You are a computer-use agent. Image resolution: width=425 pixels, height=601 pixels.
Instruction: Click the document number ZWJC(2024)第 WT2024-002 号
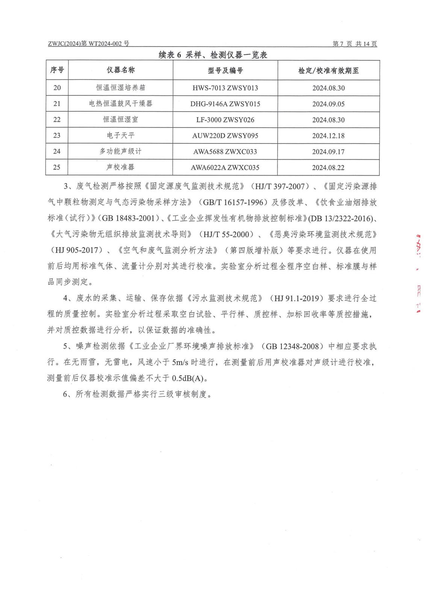(x=89, y=44)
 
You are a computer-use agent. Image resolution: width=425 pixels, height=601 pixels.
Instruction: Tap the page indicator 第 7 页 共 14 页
(x=355, y=44)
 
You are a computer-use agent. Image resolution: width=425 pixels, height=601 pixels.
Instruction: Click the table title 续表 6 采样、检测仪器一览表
(x=213, y=55)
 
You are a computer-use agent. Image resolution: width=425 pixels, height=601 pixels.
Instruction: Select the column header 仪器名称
(x=121, y=70)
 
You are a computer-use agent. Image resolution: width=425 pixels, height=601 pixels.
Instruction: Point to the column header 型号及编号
(x=225, y=70)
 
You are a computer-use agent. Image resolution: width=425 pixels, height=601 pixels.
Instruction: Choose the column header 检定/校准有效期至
(x=328, y=70)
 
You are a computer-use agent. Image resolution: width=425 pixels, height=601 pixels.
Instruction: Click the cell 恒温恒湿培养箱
(x=121, y=88)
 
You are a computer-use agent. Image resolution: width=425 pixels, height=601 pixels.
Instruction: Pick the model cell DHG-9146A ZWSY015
(x=225, y=104)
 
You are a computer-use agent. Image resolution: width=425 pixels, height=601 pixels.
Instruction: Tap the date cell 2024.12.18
(x=328, y=136)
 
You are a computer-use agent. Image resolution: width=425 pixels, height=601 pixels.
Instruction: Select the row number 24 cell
(x=57, y=151)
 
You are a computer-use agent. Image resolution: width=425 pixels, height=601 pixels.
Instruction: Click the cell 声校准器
(x=121, y=168)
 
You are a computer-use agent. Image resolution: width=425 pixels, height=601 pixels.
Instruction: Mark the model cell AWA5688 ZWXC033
(x=225, y=152)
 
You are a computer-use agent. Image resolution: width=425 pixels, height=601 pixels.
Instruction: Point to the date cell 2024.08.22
(x=328, y=168)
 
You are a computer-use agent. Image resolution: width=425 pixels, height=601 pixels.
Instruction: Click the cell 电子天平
(x=121, y=136)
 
